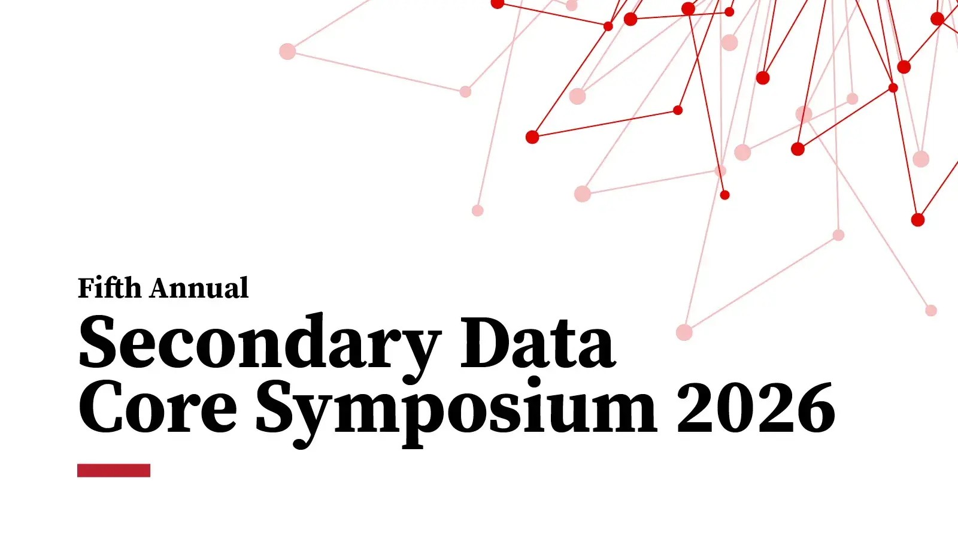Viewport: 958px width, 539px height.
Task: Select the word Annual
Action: (x=199, y=288)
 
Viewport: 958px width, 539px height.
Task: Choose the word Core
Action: (x=157, y=409)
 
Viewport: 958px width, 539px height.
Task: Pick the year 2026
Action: (x=756, y=408)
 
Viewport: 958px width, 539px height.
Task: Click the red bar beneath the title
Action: (x=114, y=470)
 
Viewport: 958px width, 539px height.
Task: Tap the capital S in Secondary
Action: (x=98, y=342)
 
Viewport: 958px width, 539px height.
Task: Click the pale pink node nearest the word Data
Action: (x=684, y=332)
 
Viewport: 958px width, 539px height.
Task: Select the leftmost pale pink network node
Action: (x=287, y=52)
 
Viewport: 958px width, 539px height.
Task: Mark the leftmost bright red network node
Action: (x=498, y=4)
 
